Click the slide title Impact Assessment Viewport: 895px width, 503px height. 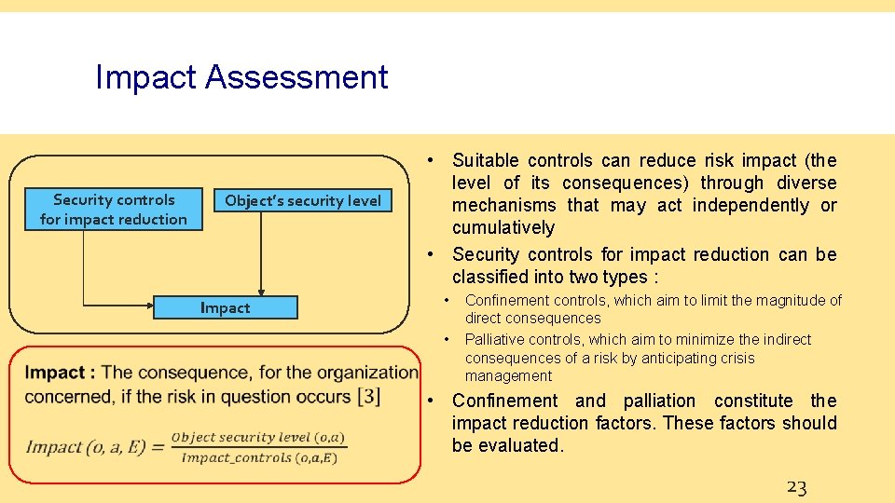(x=241, y=76)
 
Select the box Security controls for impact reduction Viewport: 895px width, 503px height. (x=114, y=210)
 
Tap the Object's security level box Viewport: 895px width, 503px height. (x=303, y=200)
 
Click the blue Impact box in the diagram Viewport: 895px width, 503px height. (x=225, y=308)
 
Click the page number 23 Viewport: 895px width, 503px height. (x=796, y=486)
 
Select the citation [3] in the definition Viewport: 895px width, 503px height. (x=368, y=396)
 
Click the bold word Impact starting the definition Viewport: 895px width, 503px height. (x=55, y=373)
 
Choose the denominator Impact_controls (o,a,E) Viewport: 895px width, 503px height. (x=264, y=456)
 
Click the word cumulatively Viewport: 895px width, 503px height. (x=503, y=228)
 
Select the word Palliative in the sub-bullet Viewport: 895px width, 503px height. (x=498, y=340)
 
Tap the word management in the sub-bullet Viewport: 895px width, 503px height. (x=508, y=376)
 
